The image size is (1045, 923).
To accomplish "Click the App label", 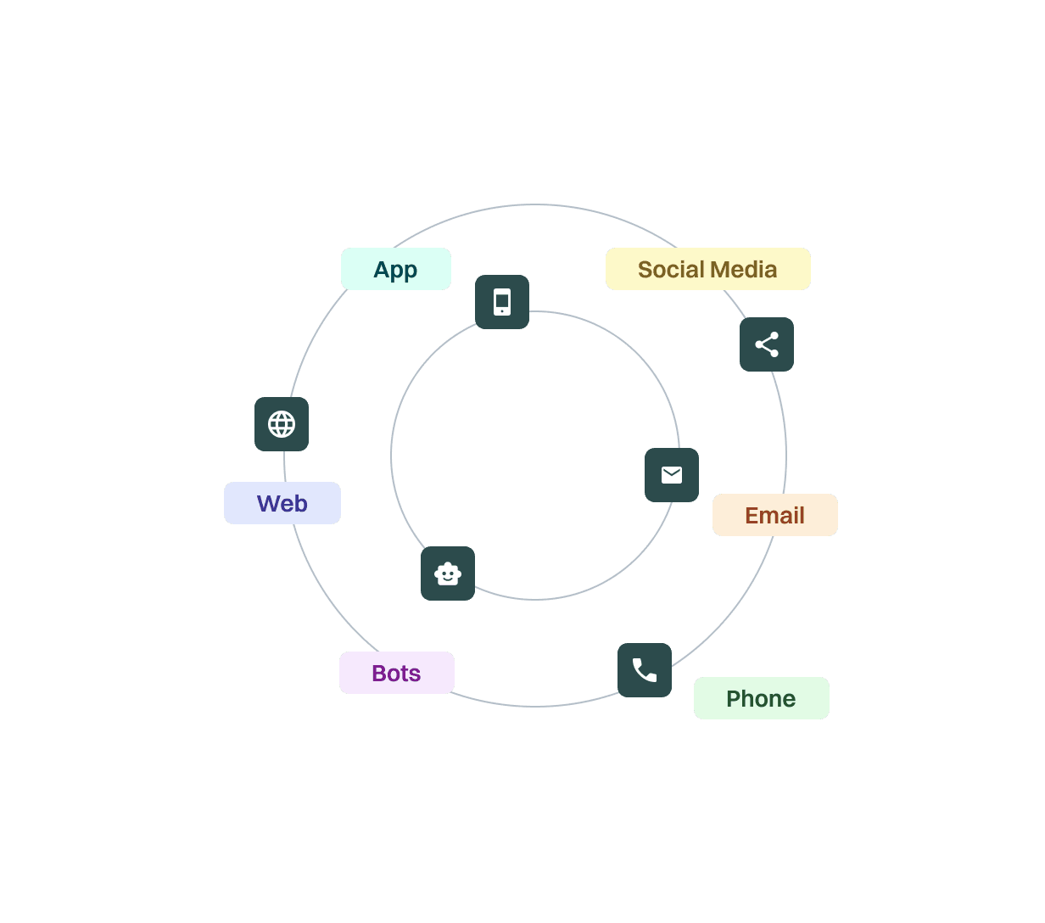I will click(x=395, y=269).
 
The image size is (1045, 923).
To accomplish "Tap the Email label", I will click(x=774, y=515).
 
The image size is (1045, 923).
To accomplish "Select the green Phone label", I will click(x=761, y=698).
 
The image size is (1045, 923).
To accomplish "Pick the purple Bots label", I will click(x=396, y=673).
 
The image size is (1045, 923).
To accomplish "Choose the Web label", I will click(x=282, y=503).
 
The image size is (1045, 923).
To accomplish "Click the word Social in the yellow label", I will click(x=671, y=269).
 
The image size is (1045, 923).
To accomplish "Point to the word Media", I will click(x=744, y=269).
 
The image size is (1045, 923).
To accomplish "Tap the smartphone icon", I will click(x=502, y=302).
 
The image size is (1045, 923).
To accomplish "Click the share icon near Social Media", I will click(x=767, y=344).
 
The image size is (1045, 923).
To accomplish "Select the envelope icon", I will click(x=672, y=475).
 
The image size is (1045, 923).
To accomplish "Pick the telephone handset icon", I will click(x=645, y=670).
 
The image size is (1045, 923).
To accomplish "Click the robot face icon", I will click(x=448, y=573).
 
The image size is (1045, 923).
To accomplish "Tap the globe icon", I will click(x=282, y=424).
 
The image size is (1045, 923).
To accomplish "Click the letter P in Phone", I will click(x=733, y=698).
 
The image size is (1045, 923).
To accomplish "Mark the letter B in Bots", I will click(x=379, y=673).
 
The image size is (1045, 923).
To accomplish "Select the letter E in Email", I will click(x=752, y=515).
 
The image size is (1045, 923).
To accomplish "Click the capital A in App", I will click(x=383, y=269).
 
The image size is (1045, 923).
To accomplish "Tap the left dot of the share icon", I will click(x=758, y=344).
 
